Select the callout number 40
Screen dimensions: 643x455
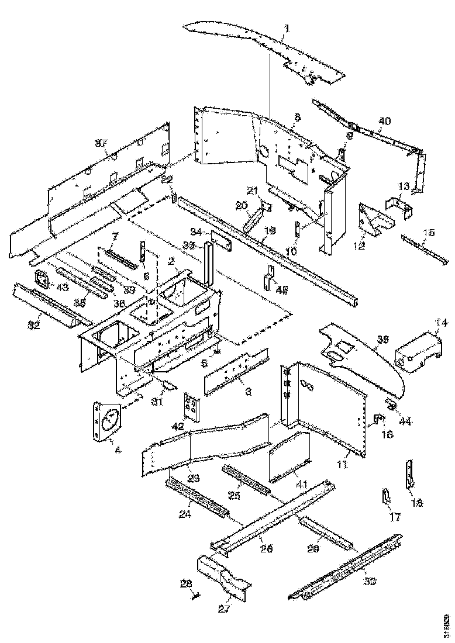[384, 121]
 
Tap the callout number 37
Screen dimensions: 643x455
[101, 143]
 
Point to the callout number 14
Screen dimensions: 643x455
[441, 322]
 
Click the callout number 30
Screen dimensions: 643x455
[370, 581]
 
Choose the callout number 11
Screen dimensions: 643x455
[342, 465]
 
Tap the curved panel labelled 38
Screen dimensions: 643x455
[363, 357]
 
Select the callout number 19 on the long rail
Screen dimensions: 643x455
[268, 231]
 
